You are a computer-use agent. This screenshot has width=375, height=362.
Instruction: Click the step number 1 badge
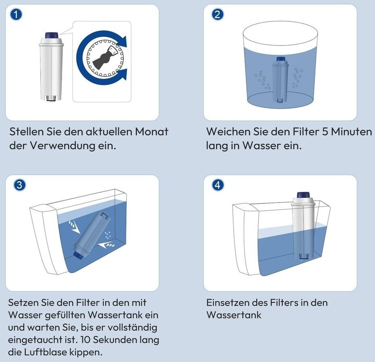(x=16, y=14)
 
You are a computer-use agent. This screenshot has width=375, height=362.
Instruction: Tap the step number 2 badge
(x=218, y=14)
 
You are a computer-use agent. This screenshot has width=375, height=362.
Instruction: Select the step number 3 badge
(x=20, y=185)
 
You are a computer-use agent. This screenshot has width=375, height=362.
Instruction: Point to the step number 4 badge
(x=218, y=185)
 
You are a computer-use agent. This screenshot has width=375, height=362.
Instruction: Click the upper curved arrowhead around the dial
(x=122, y=42)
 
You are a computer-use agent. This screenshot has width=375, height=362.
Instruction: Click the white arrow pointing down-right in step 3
(x=74, y=227)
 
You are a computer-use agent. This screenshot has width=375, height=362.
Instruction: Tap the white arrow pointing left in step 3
(x=106, y=245)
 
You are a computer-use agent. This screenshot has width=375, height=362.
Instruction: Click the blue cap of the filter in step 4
(x=303, y=195)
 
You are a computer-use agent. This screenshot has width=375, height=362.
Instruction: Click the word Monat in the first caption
(x=151, y=132)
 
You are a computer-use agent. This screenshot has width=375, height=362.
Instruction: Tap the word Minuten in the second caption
(x=352, y=132)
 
